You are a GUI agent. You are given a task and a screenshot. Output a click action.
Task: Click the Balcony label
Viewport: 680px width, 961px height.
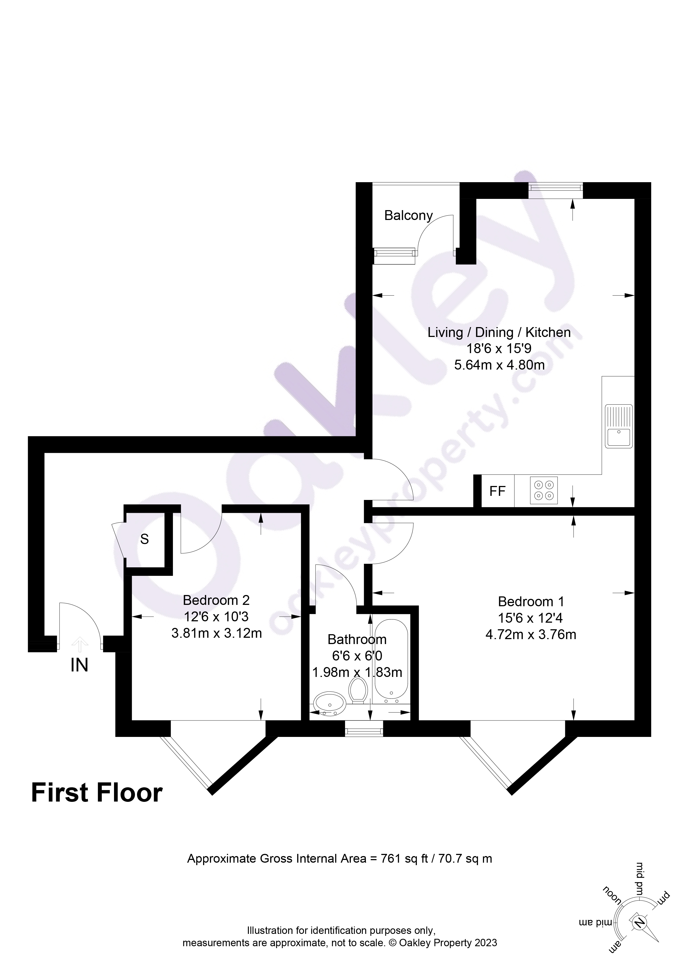408,216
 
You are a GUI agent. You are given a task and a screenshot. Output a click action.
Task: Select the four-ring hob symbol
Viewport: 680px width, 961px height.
544,491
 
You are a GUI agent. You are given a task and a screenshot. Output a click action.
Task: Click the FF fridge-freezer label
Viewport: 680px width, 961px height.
497,491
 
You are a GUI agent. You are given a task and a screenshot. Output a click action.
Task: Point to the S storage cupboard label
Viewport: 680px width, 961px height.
144,539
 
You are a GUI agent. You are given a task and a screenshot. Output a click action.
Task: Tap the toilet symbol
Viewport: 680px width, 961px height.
358,690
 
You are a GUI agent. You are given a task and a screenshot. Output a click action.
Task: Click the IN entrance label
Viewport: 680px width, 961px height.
79,665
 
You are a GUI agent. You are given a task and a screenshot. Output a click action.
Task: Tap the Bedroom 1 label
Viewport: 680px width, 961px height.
531,602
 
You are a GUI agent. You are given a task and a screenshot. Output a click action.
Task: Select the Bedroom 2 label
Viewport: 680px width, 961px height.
216,600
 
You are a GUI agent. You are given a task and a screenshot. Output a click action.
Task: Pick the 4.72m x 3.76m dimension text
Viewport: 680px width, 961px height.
531,634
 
